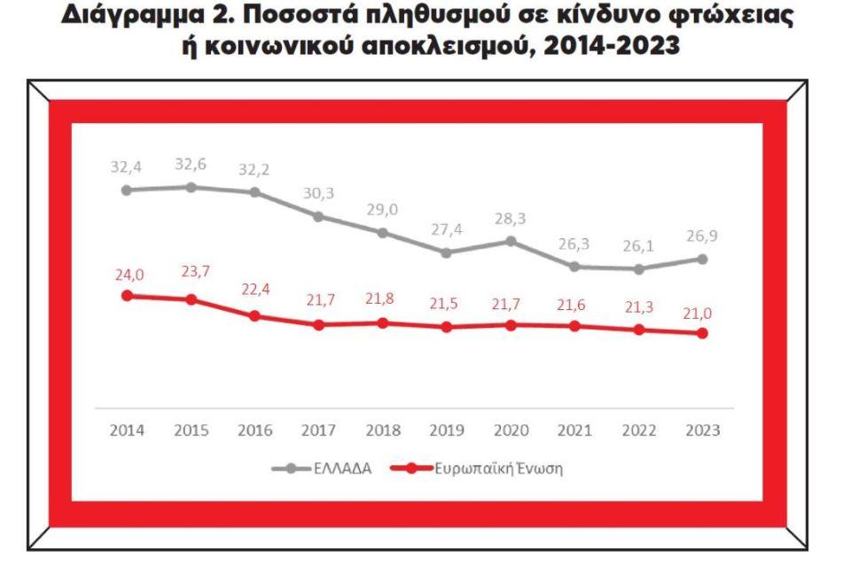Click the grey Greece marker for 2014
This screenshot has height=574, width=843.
(x=127, y=190)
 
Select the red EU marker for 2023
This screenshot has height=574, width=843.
(x=702, y=333)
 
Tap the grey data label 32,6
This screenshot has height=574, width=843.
(x=191, y=164)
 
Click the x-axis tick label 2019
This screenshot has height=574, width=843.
(x=447, y=430)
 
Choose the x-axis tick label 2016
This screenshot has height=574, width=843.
(x=254, y=430)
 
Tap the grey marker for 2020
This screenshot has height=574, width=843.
(x=511, y=240)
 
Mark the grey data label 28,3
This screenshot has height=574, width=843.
(x=511, y=218)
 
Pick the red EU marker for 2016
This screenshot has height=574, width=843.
(x=254, y=315)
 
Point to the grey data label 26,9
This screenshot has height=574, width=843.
(x=702, y=237)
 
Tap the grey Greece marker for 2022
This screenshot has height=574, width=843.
(x=638, y=268)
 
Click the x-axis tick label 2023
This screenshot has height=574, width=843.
(x=702, y=430)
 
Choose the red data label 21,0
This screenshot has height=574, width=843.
(x=702, y=312)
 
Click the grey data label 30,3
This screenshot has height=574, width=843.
(x=319, y=192)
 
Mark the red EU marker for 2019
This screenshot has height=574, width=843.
(x=447, y=327)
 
